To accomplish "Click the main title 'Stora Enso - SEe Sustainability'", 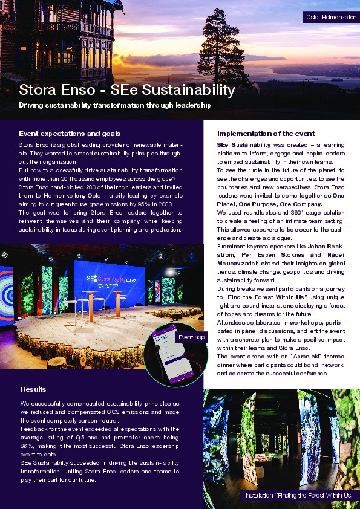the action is [x=126, y=91].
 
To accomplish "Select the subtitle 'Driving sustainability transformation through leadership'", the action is [x=114, y=105].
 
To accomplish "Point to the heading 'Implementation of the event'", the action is [x=266, y=133].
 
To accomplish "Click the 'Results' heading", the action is [x=33, y=389].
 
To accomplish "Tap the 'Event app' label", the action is [x=191, y=336].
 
